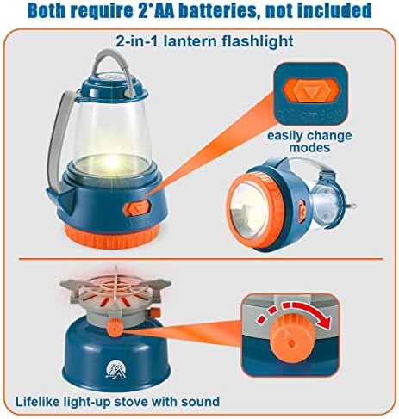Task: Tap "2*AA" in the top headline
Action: [154, 10]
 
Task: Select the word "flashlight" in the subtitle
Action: [258, 41]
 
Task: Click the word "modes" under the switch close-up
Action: [309, 148]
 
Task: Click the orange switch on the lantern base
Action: [137, 207]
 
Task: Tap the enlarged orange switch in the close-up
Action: [311, 91]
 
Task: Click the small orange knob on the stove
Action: [115, 327]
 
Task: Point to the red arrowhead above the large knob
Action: [324, 321]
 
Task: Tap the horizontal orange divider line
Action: [201, 259]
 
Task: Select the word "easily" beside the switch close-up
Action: [285, 136]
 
